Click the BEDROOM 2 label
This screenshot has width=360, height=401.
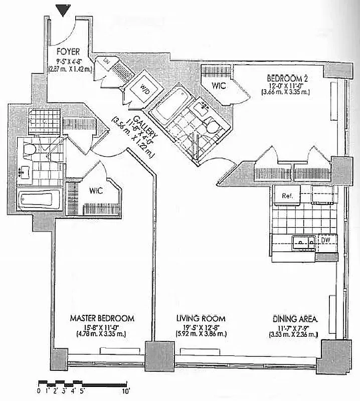pyautogui.click(x=286, y=78)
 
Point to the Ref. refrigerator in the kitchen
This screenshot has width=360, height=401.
pyautogui.click(x=287, y=195)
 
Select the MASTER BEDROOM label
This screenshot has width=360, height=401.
pyautogui.click(x=102, y=318)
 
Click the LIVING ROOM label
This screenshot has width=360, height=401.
pyautogui.click(x=201, y=318)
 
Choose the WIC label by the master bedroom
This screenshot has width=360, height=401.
pyautogui.click(x=96, y=191)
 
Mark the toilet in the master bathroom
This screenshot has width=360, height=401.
pyautogui.click(x=30, y=149)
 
